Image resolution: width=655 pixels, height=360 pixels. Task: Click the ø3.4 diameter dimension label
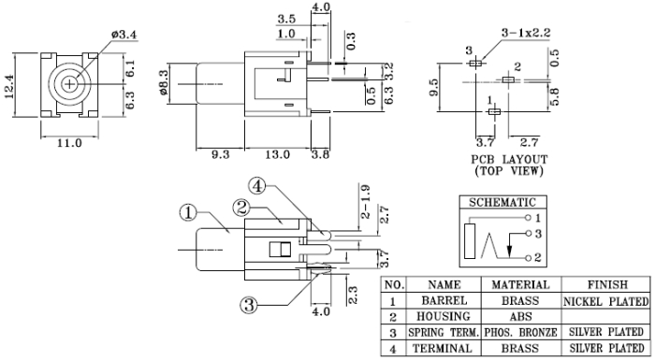click(124, 35)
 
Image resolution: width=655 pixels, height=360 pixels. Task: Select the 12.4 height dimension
click(9, 86)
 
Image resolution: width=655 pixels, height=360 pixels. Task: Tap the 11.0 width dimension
click(69, 143)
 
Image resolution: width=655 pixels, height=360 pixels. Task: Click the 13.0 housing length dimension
click(277, 154)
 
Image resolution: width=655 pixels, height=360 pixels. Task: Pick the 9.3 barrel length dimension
click(220, 154)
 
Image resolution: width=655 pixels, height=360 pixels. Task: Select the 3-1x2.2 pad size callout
click(526, 33)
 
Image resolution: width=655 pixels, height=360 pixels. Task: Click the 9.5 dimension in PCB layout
click(434, 87)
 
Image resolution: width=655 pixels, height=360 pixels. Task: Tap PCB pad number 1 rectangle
click(495, 111)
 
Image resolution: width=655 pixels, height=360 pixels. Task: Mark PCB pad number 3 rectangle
click(475, 64)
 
